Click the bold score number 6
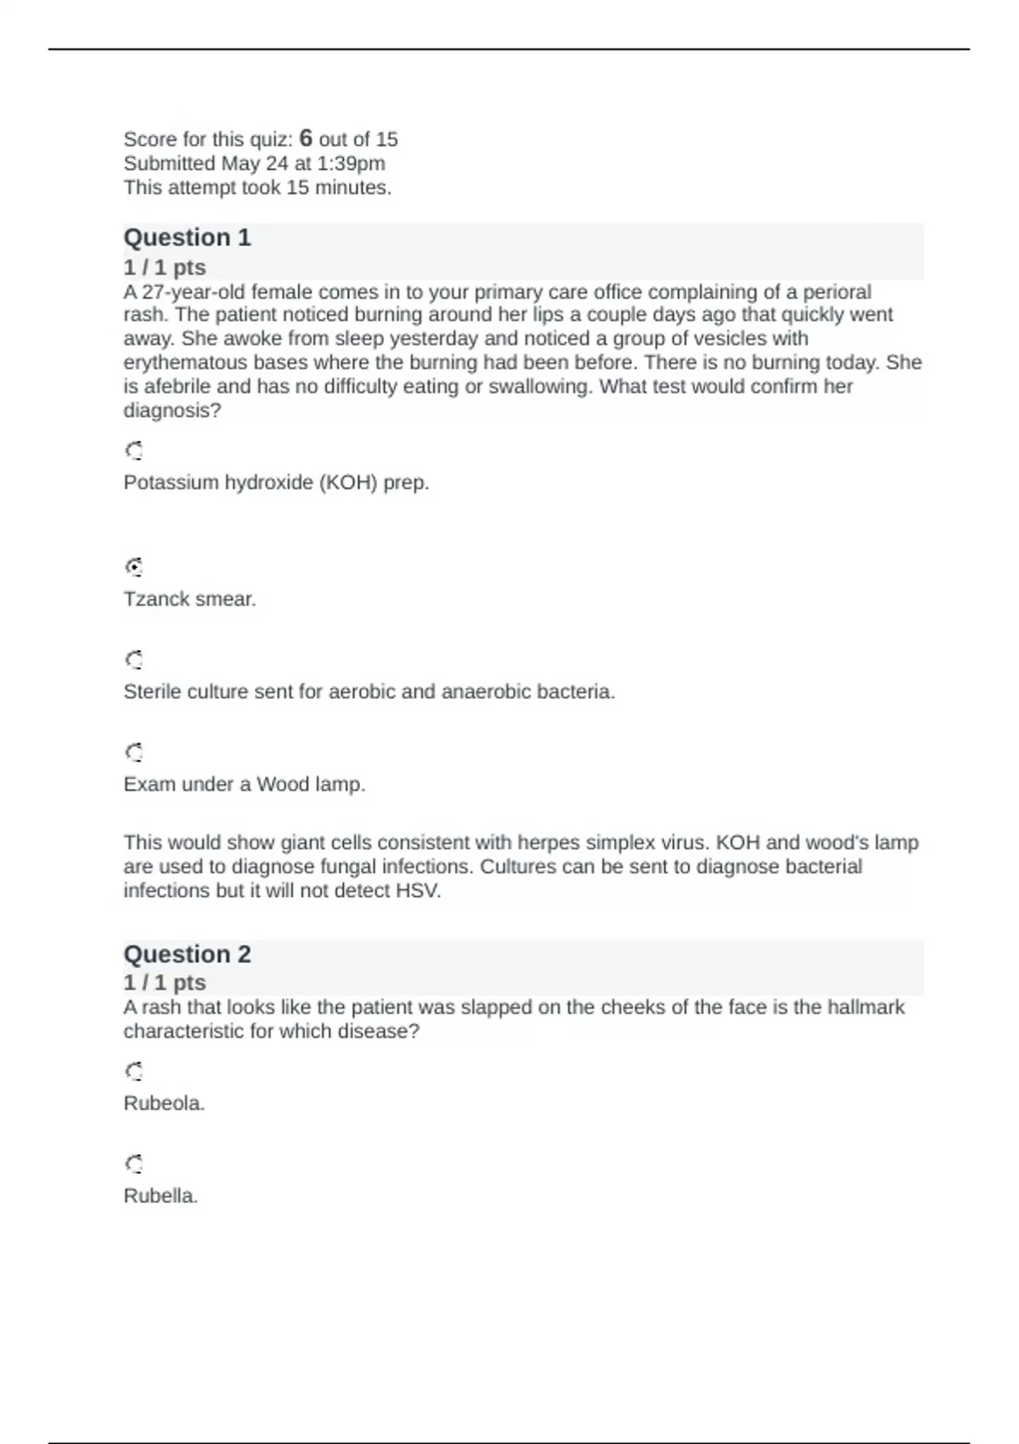click(x=306, y=138)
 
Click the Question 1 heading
click(x=187, y=237)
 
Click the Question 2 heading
click(x=187, y=954)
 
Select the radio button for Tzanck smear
click(x=133, y=567)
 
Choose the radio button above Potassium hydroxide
click(x=133, y=450)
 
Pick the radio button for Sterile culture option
click(x=133, y=659)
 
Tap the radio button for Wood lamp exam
click(x=133, y=752)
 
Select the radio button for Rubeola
click(x=133, y=1071)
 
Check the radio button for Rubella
click(x=133, y=1164)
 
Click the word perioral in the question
click(x=836, y=292)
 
